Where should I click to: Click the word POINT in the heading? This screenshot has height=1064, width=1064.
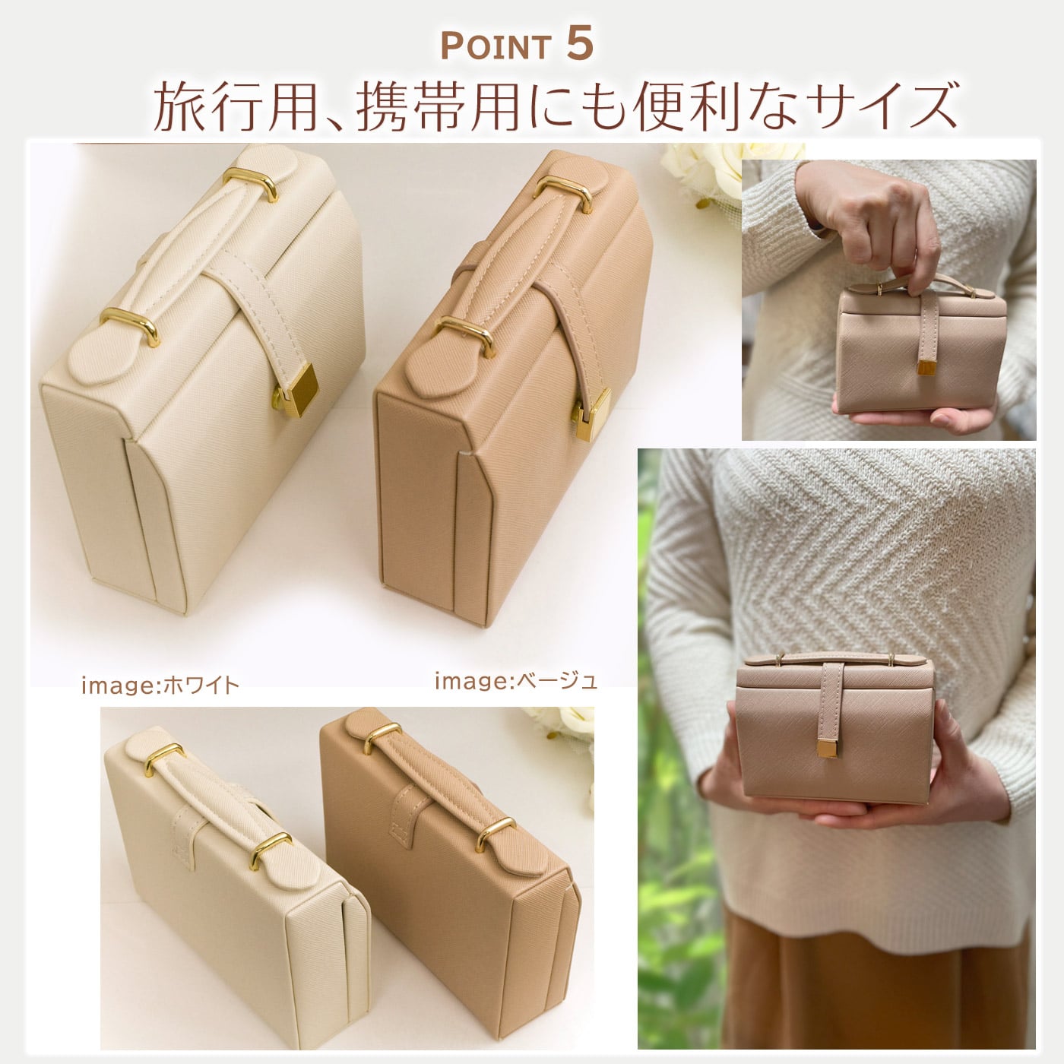pos(495,47)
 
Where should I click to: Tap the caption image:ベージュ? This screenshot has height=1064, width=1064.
pos(516,682)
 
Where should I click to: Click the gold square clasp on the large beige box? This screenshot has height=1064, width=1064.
pos(591,414)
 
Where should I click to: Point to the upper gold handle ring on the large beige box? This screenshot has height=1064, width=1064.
pos(563,193)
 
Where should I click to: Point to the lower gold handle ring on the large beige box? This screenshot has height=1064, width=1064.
pos(463,337)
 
